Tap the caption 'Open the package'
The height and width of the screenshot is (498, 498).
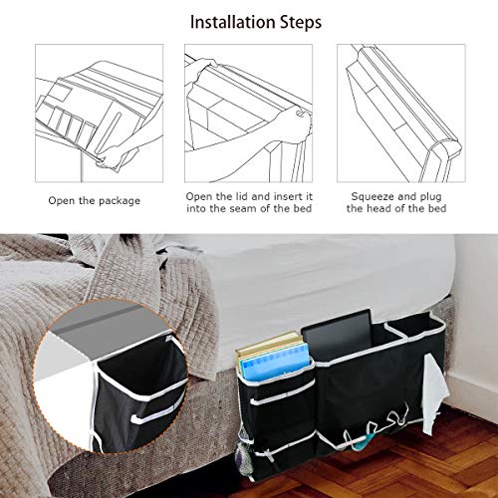(x=95, y=200)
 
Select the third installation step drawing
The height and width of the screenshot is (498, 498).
(x=398, y=105)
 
